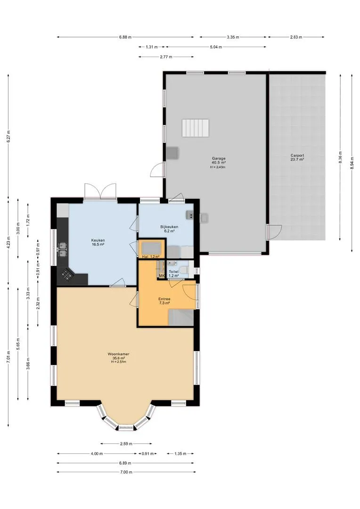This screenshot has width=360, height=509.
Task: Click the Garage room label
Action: (219, 159)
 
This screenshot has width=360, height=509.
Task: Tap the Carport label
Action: (297, 156)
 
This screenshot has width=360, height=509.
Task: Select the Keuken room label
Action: (98, 240)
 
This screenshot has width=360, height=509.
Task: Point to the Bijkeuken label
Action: (169, 227)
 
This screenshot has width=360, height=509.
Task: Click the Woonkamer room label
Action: (118, 354)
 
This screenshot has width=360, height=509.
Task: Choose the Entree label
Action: (164, 299)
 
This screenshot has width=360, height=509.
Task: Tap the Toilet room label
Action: (174, 272)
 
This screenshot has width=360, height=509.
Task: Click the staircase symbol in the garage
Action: (195, 128)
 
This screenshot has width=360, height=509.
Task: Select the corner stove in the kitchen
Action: (67, 275)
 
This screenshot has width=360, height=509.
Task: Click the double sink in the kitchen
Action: (62, 249)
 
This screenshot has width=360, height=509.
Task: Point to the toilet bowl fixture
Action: (184, 270)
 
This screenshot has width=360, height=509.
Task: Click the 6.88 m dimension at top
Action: (125, 37)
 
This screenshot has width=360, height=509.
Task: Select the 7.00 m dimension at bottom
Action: (126, 472)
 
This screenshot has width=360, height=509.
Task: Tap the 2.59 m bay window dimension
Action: (126, 443)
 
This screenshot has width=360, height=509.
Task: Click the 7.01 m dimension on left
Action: (8, 357)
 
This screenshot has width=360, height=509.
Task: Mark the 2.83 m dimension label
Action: (296, 37)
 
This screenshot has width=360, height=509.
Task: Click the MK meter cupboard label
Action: (162, 276)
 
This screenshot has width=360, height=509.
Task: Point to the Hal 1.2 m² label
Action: (151, 257)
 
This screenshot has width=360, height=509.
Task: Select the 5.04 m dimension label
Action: (216, 47)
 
